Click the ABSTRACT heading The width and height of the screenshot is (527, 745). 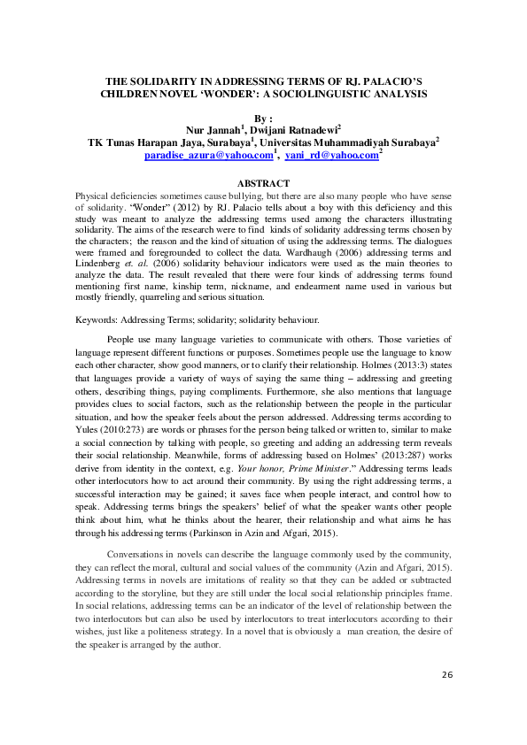(x=263, y=184)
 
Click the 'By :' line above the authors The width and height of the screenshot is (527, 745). (x=264, y=118)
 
